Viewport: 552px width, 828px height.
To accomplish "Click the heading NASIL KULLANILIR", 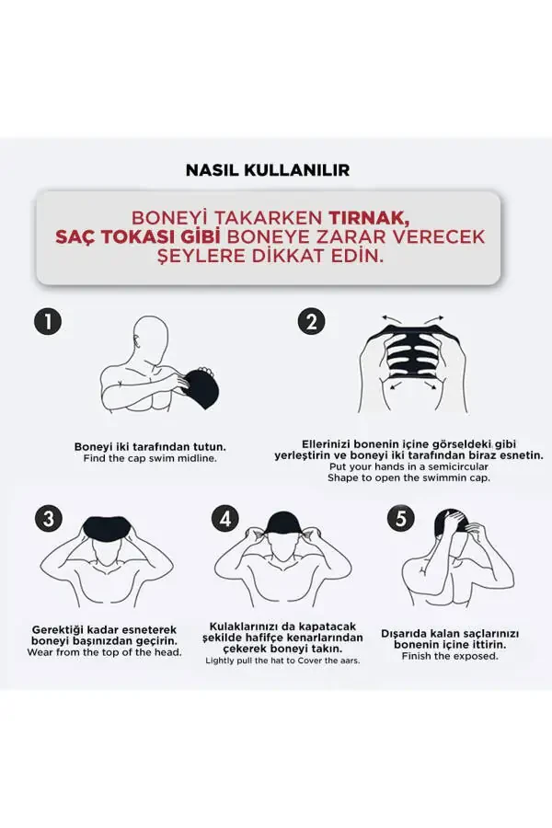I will click(268, 170).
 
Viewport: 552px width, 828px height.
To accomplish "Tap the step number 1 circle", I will click(47, 321).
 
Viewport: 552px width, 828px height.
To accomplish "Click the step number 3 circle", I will click(47, 518).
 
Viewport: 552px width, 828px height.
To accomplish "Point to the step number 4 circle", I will click(224, 518).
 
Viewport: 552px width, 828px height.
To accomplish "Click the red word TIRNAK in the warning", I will click(366, 218).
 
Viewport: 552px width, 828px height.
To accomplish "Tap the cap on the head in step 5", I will click(453, 524).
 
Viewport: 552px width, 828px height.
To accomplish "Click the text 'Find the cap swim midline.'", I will click(150, 458).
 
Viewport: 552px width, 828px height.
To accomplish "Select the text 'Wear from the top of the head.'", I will click(104, 652).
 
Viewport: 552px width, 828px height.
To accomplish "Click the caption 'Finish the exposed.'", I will click(452, 656).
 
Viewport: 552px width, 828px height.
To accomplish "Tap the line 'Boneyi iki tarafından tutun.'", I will click(150, 446).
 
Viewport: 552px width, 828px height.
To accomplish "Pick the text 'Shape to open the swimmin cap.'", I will click(409, 477).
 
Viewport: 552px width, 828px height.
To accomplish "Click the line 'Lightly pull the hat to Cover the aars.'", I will click(282, 660).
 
